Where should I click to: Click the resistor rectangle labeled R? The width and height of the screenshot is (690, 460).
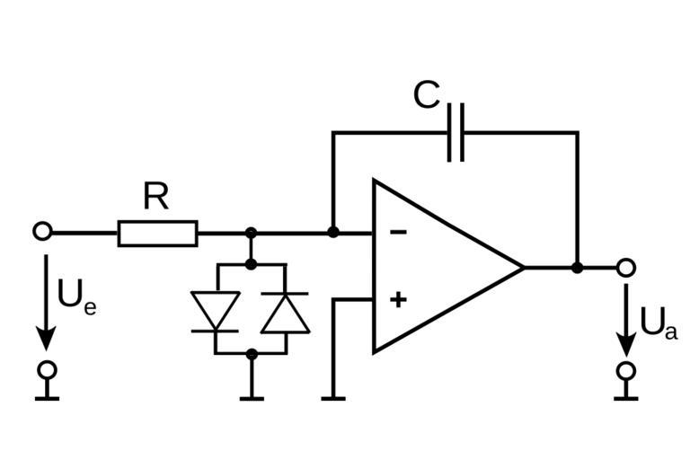157,233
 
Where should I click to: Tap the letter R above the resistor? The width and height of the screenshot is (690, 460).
155,197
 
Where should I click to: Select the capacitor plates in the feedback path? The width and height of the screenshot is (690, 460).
456,133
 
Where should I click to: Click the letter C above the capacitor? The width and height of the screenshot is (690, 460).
427,95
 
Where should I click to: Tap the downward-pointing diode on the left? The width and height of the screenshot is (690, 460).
216,311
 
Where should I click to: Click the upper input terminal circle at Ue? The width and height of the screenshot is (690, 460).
42,232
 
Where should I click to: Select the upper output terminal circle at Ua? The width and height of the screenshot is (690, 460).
626,267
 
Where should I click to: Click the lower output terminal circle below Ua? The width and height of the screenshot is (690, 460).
626,369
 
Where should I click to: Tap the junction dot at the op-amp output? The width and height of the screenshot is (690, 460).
577,267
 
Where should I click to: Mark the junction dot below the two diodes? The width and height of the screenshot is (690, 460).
252,354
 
